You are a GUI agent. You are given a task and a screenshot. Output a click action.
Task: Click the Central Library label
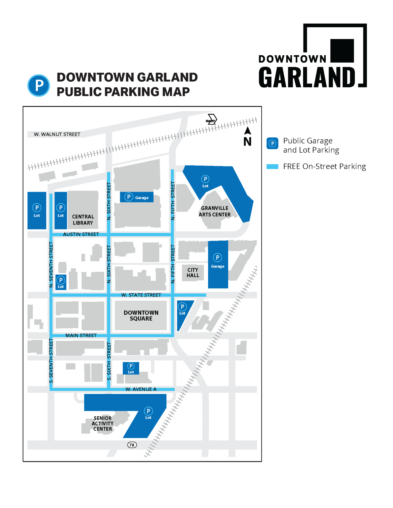click(83, 220)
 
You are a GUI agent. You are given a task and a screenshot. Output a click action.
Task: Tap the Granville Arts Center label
click(214, 211)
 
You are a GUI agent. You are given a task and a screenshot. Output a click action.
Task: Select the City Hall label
click(193, 273)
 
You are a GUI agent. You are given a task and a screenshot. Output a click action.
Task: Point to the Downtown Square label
click(141, 315)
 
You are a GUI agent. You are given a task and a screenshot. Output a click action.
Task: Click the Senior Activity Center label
click(103, 423)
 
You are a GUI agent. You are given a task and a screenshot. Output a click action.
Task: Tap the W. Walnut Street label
click(57, 134)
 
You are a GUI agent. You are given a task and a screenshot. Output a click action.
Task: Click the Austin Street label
click(81, 234)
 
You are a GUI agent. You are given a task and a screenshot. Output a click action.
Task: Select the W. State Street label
click(141, 295)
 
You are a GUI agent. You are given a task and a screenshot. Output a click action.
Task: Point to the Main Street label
click(81, 335)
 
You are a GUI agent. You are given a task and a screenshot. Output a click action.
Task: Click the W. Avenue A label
click(141, 389)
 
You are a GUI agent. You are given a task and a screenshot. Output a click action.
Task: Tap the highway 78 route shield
click(132, 445)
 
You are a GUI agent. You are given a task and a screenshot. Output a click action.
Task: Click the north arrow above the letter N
click(248, 131)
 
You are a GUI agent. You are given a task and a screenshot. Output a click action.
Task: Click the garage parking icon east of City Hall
click(217, 258)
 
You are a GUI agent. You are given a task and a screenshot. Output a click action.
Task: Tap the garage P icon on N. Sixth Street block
click(129, 197)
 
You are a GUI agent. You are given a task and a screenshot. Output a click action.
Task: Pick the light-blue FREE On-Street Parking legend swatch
click(272, 167)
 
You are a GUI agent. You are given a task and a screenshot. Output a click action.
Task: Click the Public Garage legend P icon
click(272, 144)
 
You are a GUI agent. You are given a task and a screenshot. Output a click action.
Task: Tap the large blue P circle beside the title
click(39, 85)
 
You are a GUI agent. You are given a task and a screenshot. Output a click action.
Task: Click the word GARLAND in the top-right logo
click(307, 77)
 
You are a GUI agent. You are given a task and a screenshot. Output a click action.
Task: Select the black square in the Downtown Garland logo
click(342, 51)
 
